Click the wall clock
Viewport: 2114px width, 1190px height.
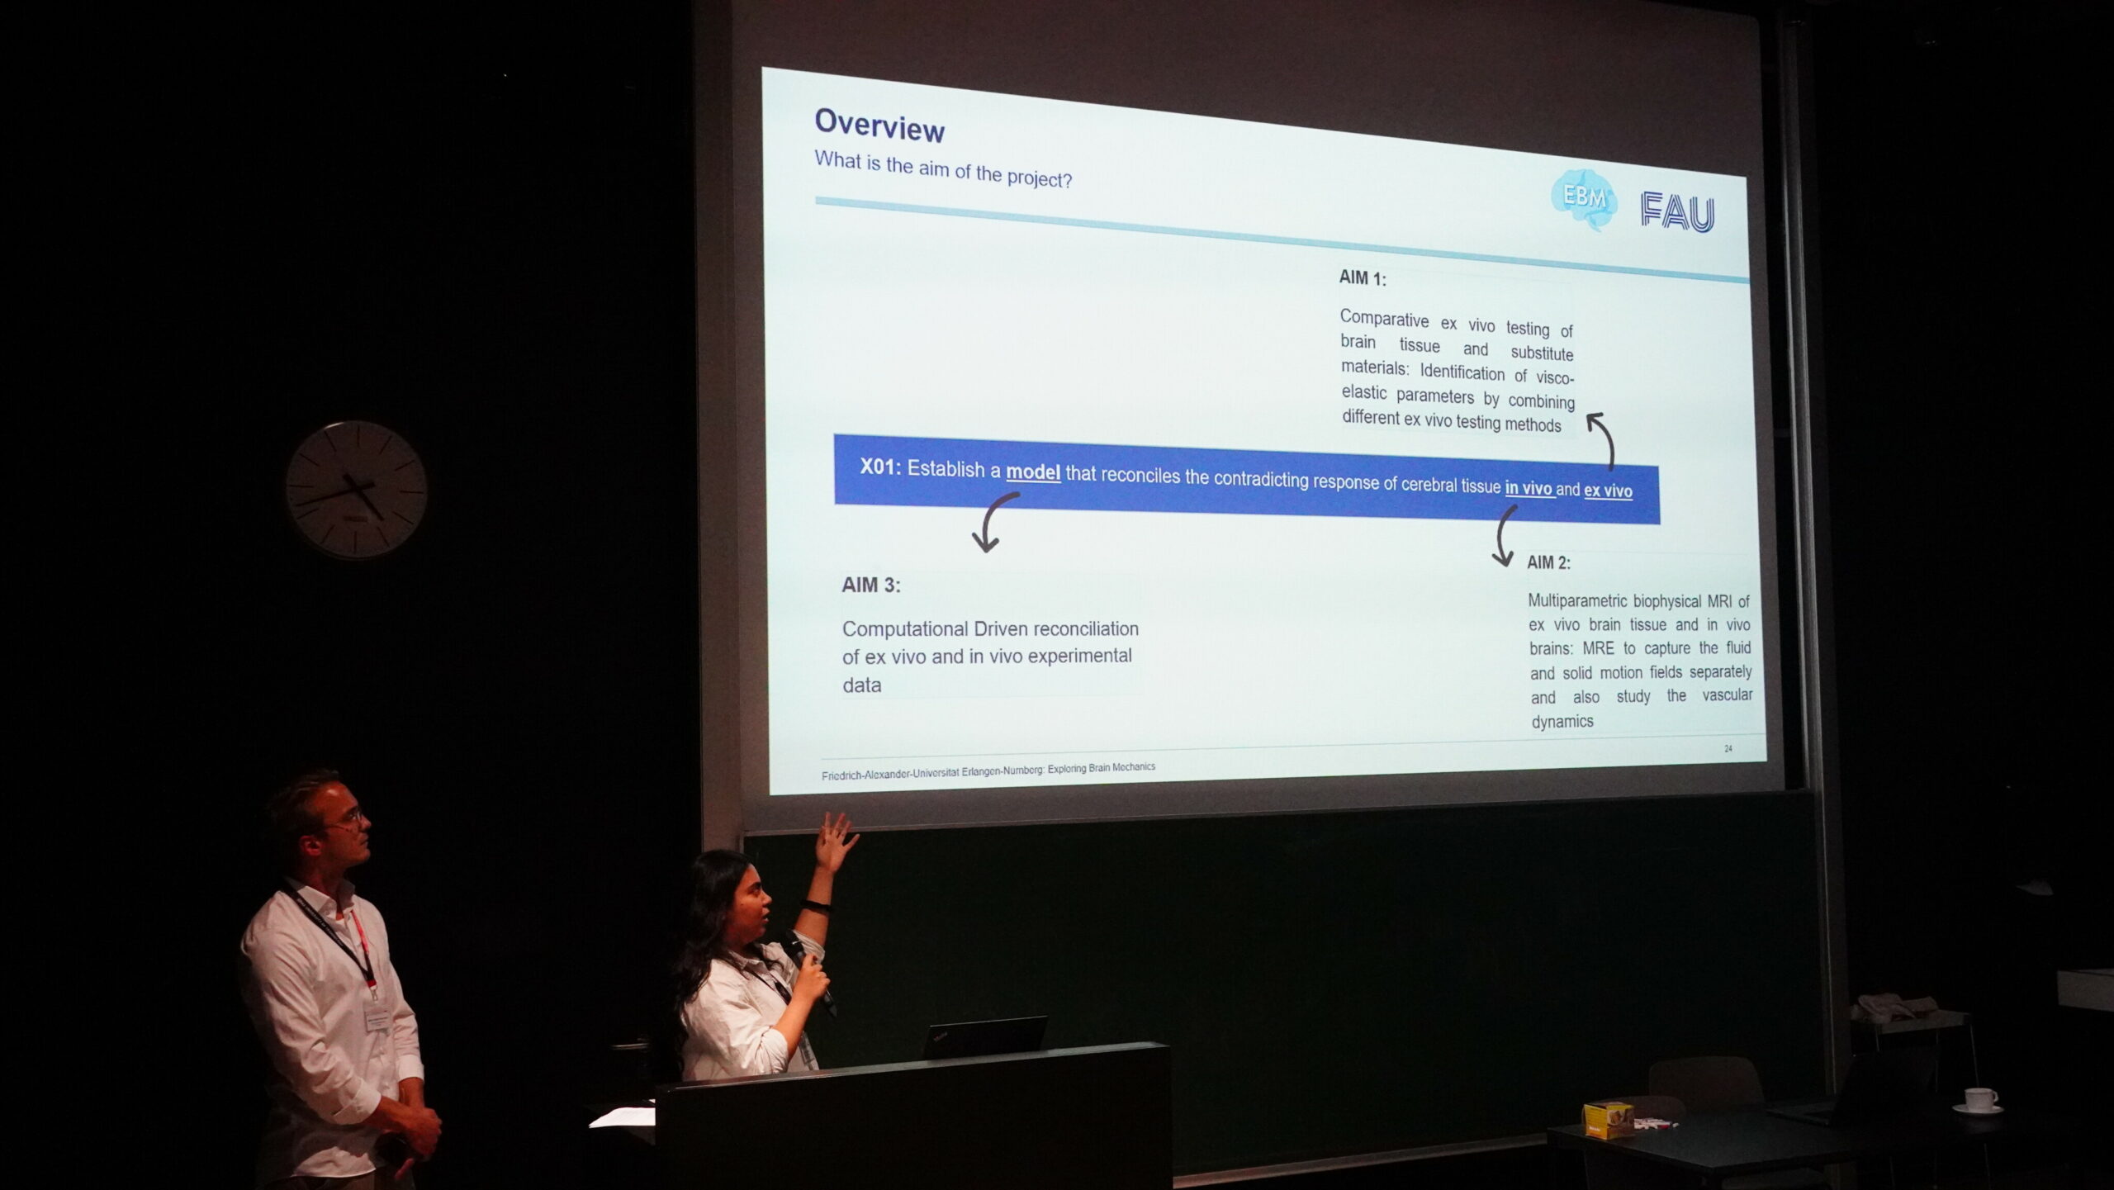click(356, 489)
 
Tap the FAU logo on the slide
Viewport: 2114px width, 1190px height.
click(1677, 212)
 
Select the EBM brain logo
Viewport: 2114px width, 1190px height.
click(1583, 200)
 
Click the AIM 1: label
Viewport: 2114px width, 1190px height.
click(1363, 278)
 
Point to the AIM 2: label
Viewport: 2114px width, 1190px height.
click(1548, 562)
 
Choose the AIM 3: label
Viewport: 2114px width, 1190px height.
click(871, 585)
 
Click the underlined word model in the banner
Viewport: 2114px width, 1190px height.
click(1033, 472)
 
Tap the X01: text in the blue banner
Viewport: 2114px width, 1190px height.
click(880, 467)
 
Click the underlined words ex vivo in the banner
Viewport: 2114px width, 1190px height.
click(1608, 491)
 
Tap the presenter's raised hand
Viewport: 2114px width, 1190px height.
click(836, 842)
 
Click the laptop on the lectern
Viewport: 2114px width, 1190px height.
click(983, 1037)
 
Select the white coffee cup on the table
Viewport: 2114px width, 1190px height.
click(1980, 1101)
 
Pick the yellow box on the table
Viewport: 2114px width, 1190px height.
click(1607, 1120)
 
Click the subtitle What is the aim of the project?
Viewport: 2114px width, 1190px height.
click(943, 169)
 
